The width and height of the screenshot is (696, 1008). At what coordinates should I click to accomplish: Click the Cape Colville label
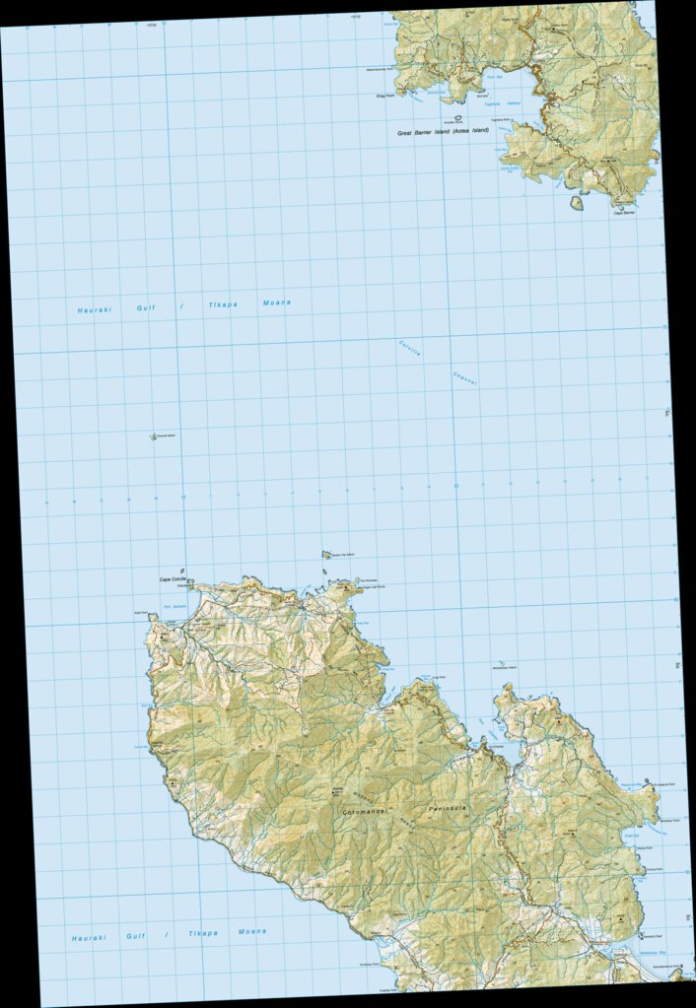click(174, 579)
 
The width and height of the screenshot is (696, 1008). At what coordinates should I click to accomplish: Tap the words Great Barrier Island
click(423, 131)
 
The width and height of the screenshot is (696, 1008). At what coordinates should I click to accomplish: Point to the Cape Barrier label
click(624, 212)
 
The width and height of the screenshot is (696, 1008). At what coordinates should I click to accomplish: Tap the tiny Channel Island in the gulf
click(153, 437)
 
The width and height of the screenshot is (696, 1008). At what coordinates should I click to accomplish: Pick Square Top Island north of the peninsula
click(326, 556)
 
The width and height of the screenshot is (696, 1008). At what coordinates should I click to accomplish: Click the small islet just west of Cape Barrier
click(576, 203)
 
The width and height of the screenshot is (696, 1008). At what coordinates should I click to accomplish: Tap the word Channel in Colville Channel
click(464, 377)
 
